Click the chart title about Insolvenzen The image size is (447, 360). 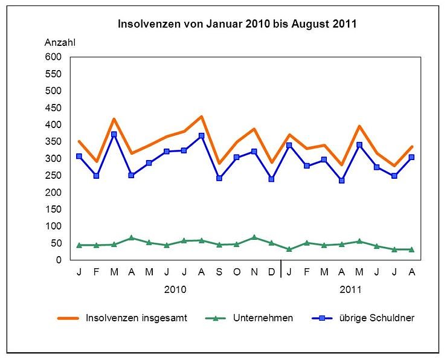point(237,25)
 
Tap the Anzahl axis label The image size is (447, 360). point(60,42)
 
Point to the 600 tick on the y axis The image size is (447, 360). point(53,57)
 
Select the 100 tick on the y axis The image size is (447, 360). point(53,226)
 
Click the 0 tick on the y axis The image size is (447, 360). point(59,260)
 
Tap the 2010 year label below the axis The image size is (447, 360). point(175,289)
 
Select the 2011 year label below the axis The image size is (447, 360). point(350,289)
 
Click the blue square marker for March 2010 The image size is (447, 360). point(114,135)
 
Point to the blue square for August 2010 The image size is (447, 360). point(202,136)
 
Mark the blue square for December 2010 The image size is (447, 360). point(272,179)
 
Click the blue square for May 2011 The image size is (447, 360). point(359,145)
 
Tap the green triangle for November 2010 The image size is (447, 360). point(254,237)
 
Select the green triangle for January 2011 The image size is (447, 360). point(289,249)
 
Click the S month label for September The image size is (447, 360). point(219,272)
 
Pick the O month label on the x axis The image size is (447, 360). point(237,272)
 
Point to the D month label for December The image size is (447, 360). point(272,272)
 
